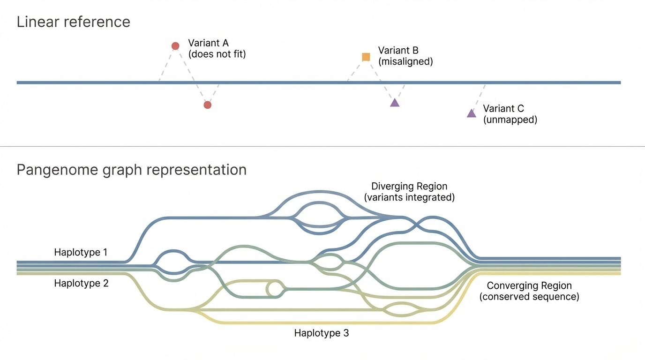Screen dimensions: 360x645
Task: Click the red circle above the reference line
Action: [175, 46]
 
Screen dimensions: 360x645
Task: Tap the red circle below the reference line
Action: [208, 105]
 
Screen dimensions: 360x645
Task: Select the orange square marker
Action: [366, 57]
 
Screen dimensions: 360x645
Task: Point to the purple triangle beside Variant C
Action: [472, 113]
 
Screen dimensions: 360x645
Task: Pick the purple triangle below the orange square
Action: [395, 103]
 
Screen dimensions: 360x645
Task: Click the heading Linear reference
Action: [74, 22]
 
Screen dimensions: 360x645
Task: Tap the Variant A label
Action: [208, 43]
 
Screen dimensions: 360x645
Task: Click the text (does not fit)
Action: [217, 54]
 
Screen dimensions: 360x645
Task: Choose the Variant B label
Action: [398, 51]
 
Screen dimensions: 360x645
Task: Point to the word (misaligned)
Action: [405, 61]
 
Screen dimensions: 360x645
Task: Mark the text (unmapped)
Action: [510, 120]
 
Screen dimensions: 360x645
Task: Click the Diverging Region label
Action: [409, 187]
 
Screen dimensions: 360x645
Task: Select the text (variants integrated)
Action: [409, 197]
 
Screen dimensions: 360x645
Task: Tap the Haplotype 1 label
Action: [81, 252]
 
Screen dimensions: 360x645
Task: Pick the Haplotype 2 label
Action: [81, 283]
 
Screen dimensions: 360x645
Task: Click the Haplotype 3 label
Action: [322, 333]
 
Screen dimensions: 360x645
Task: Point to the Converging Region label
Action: [529, 285]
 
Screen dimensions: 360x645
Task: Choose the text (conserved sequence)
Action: [529, 297]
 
